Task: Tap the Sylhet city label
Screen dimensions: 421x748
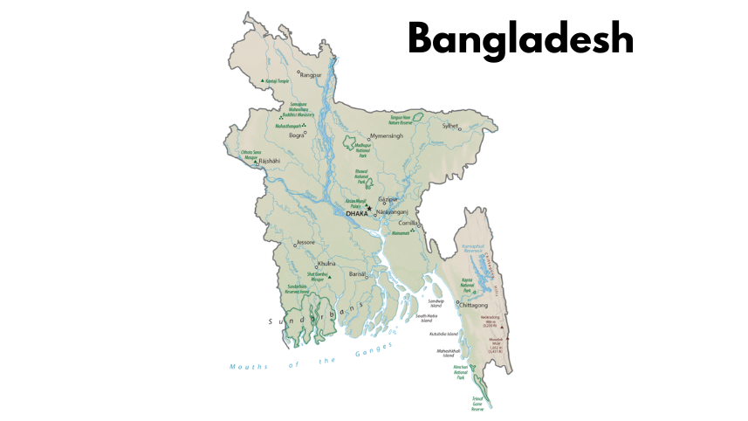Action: [x=449, y=126]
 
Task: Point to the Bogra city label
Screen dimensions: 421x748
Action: [x=296, y=135]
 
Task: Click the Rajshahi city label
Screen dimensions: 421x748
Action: [x=270, y=161]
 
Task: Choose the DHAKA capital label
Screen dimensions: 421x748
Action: [x=356, y=213]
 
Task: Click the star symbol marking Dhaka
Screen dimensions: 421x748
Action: [x=369, y=208]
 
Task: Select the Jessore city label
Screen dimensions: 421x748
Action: [x=305, y=241]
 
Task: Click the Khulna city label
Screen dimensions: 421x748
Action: [x=326, y=263]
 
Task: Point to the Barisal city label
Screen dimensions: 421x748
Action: [x=356, y=273]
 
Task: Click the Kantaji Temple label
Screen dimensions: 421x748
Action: [x=278, y=81]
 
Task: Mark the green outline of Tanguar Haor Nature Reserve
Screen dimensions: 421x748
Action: [x=418, y=116]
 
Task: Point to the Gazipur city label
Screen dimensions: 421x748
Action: [x=388, y=199]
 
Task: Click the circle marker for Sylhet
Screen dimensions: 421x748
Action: [x=459, y=129]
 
